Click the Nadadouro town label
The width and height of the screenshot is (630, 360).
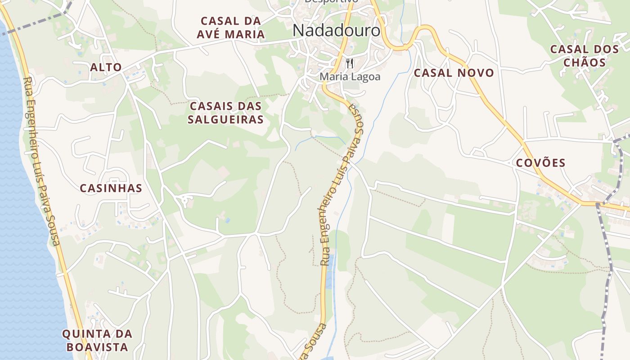coord(336,31)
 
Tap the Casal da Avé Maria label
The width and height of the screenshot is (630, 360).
coord(231,27)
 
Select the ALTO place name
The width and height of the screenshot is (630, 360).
coord(106,67)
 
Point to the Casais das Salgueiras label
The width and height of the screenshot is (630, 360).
coord(226,113)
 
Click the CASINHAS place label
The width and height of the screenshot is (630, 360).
coord(111,188)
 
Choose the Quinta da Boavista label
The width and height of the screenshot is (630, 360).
coord(97,341)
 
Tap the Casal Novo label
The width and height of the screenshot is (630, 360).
coord(454,73)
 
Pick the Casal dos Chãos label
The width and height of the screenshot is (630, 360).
coord(585,56)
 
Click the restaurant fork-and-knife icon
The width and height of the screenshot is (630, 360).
coord(350,63)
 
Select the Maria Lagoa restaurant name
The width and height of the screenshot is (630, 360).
coord(350,76)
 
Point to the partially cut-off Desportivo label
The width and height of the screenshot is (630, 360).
coord(331,1)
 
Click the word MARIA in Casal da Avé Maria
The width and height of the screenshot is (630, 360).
coord(244,34)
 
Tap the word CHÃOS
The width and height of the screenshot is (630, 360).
coord(585,62)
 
